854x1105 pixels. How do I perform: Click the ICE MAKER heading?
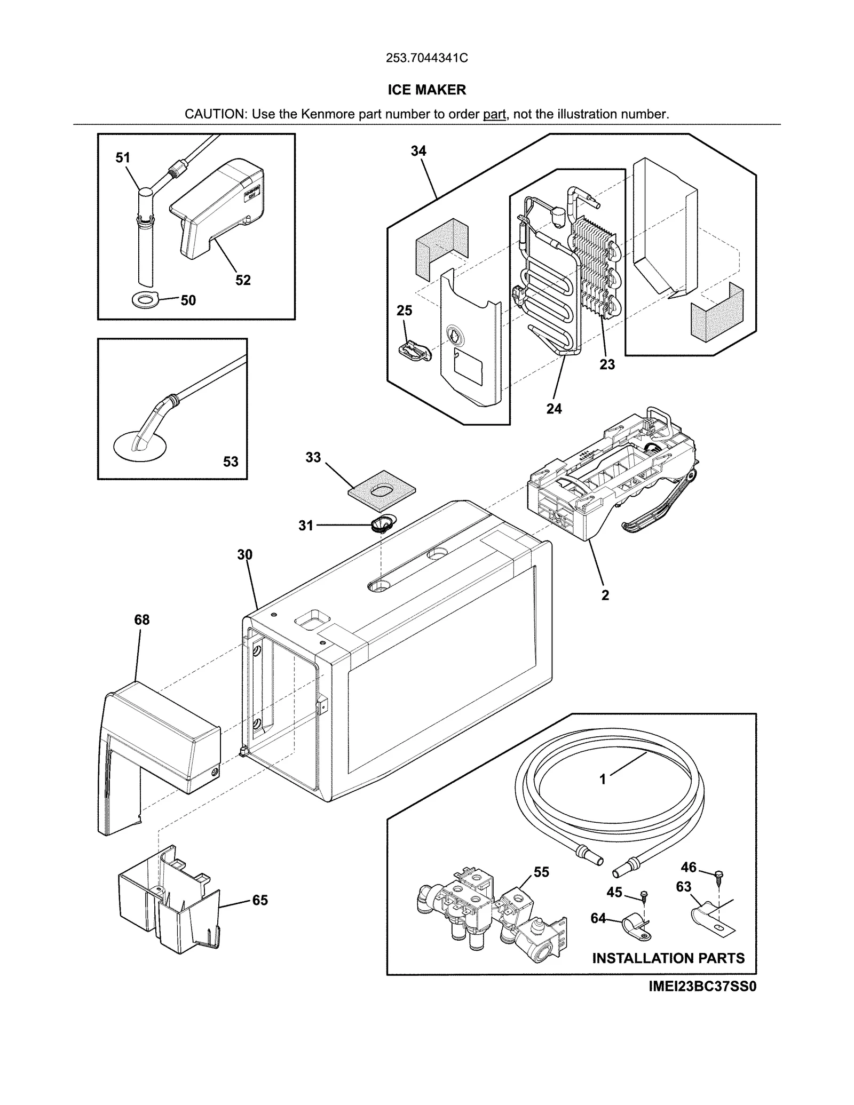pyautogui.click(x=426, y=90)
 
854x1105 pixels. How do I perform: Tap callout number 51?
pyautogui.click(x=123, y=157)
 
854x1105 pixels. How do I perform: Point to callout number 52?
pyautogui.click(x=243, y=280)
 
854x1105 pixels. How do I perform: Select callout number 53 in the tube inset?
pyautogui.click(x=231, y=462)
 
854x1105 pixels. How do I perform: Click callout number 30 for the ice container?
pyautogui.click(x=245, y=555)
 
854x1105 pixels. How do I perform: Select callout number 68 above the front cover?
pyautogui.click(x=142, y=619)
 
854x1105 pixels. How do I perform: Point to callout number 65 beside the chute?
pyautogui.click(x=260, y=900)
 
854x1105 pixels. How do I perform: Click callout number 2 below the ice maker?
pyautogui.click(x=605, y=595)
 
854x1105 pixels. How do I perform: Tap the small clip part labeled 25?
pyautogui.click(x=414, y=351)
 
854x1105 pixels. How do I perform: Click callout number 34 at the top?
pyautogui.click(x=418, y=151)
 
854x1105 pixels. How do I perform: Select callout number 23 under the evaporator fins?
pyautogui.click(x=607, y=364)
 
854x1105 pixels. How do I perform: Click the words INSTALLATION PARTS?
pyautogui.click(x=668, y=958)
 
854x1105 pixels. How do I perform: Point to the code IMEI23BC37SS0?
pyautogui.click(x=702, y=987)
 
